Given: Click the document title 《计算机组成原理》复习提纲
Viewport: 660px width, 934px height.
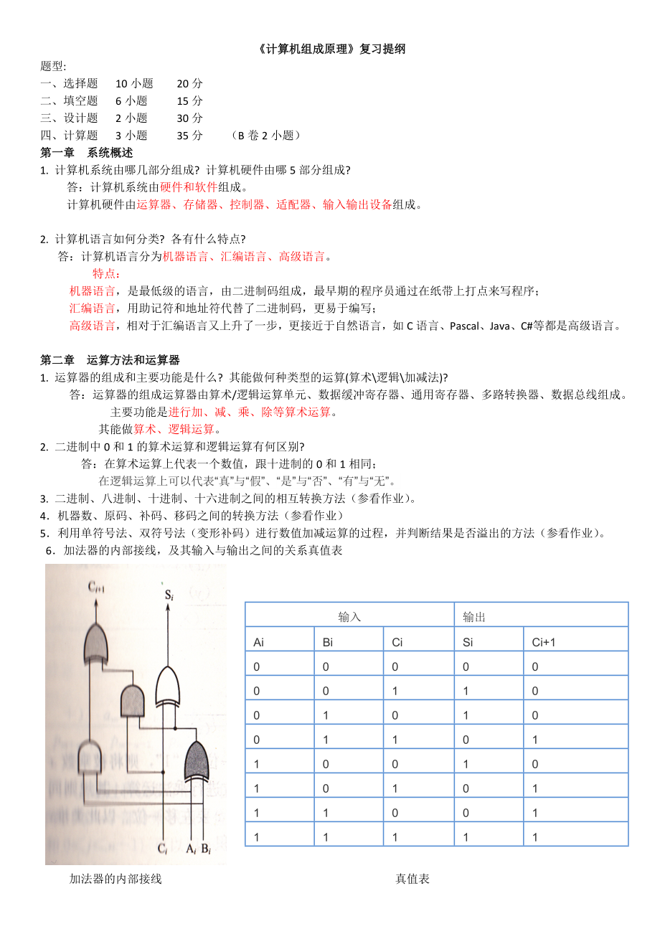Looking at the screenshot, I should point(331,49).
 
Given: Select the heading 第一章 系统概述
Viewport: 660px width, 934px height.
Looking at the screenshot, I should point(86,153).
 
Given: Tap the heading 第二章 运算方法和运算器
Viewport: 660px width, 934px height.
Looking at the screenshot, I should point(110,360).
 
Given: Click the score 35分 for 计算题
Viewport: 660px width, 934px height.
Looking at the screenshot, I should point(189,136).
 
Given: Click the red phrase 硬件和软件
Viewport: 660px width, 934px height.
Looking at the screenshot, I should point(189,187).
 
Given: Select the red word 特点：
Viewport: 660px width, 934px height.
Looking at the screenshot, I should point(107,273).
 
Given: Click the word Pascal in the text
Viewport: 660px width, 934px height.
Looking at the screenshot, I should point(466,326).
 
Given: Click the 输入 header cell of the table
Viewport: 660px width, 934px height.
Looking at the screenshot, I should point(349,616).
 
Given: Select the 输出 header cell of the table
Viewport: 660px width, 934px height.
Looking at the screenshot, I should point(474,616).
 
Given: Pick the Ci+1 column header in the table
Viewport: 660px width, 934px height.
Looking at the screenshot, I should point(544,642).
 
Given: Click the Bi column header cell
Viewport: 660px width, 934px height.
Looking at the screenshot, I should point(328,642).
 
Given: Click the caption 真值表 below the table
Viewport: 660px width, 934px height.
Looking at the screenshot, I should point(412,878).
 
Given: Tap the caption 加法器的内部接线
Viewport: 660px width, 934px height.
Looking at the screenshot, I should point(115,878).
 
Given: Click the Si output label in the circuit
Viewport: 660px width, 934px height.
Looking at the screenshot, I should point(169,595).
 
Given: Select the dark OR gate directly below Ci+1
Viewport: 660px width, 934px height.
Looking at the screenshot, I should point(97,642).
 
